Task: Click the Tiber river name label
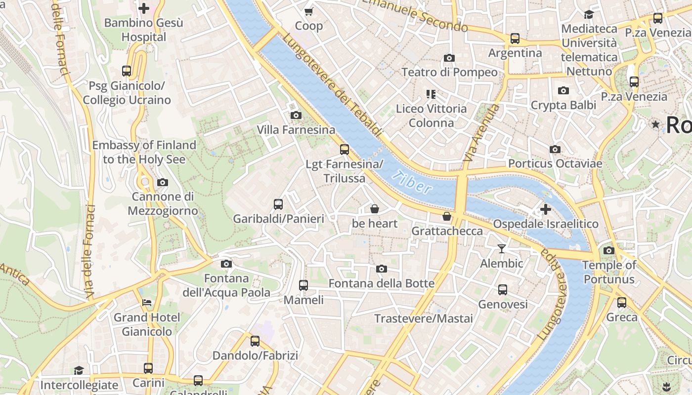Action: pos(413,182)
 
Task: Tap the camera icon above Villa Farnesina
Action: pos(296,115)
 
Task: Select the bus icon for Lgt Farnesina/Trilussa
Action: pos(345,149)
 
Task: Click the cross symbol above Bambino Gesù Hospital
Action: pos(144,8)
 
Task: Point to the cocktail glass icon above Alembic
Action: pos(502,248)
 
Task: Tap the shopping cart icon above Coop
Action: pos(309,11)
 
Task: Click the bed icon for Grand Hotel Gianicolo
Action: pos(146,302)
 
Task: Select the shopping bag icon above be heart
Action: pos(375,209)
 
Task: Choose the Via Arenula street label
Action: pos(476,132)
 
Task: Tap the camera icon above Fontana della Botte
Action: pos(381,269)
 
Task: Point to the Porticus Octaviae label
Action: pos(555,163)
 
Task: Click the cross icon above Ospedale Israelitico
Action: pos(546,209)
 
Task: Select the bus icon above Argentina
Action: pos(515,38)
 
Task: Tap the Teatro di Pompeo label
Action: pos(449,72)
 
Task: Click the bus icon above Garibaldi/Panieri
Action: pos(278,204)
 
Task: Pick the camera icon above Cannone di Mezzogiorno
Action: pos(162,182)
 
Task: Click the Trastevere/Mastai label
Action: pos(424,318)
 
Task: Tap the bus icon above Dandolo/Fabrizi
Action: pos(255,341)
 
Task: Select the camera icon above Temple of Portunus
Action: pos(609,250)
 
